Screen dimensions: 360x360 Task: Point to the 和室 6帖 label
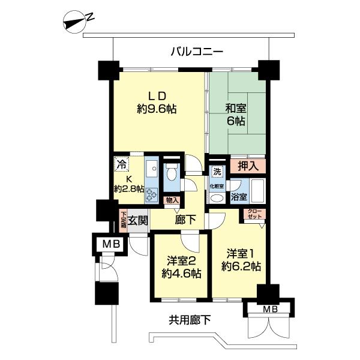click(x=235, y=115)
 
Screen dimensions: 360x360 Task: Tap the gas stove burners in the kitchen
click(x=151, y=195)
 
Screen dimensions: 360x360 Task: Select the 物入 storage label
click(x=172, y=200)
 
